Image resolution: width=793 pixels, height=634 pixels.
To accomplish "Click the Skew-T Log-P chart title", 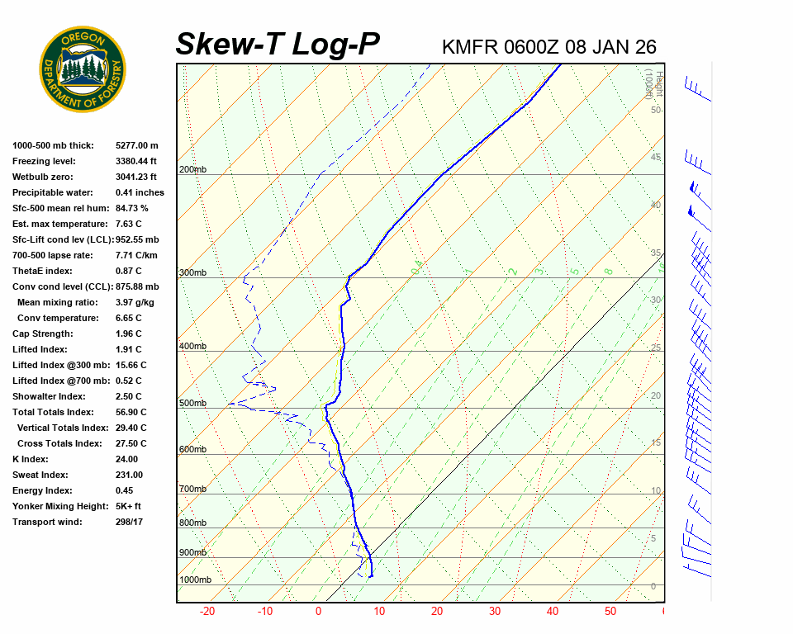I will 278,44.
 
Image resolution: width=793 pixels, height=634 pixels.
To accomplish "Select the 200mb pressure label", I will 192,169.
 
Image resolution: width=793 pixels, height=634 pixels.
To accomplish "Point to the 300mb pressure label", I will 192,272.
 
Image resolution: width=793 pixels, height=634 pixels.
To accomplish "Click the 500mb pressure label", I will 192,403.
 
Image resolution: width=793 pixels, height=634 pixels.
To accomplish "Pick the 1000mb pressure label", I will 195,580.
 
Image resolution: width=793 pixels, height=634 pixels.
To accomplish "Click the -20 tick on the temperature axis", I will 207,612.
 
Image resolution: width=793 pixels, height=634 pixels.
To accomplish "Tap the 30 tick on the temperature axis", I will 494,612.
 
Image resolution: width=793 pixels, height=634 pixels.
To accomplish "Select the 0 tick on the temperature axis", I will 319,612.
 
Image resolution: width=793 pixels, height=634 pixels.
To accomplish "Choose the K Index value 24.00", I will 126,459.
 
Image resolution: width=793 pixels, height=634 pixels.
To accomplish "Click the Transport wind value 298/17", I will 131,522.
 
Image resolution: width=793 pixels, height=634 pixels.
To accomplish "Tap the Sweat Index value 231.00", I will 129,475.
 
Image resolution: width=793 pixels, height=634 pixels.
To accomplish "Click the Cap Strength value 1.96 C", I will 129,334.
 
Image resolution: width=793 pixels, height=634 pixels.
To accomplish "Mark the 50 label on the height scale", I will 655,110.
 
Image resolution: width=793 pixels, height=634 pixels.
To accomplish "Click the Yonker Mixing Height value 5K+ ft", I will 128,506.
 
